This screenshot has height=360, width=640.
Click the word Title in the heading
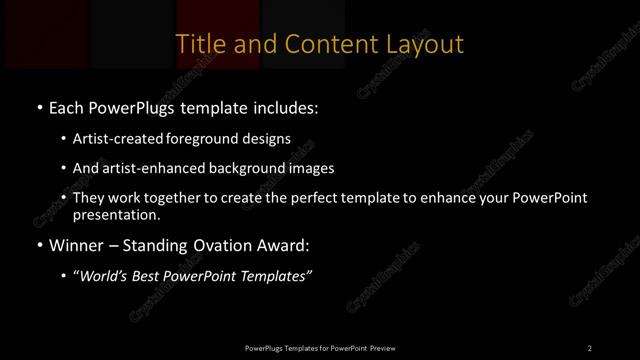[x=198, y=44]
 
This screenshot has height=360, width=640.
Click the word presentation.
[x=115, y=214]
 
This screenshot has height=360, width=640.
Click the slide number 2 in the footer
[x=590, y=347]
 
